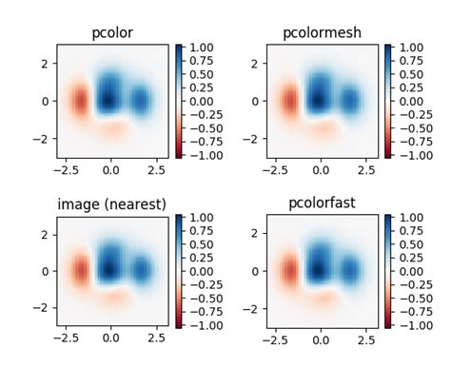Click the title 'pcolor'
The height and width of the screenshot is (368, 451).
[112, 33]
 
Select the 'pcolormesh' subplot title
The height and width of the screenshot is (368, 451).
[322, 33]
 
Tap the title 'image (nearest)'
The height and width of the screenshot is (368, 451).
[112, 203]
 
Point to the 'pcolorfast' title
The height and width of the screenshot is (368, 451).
[322, 203]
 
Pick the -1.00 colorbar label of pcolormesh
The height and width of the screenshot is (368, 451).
[410, 154]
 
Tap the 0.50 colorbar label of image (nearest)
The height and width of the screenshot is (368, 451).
[203, 244]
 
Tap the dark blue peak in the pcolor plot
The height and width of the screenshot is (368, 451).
[108, 98]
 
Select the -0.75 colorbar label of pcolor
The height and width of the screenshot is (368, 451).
[201, 141]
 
